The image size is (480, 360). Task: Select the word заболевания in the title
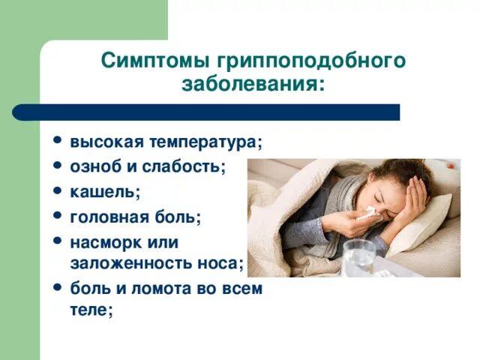[x=253, y=83]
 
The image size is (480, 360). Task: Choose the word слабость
[x=183, y=166]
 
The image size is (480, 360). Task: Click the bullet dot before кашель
[x=57, y=190]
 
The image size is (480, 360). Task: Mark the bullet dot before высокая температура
[x=57, y=141]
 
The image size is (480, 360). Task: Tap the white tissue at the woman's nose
[x=366, y=214]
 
